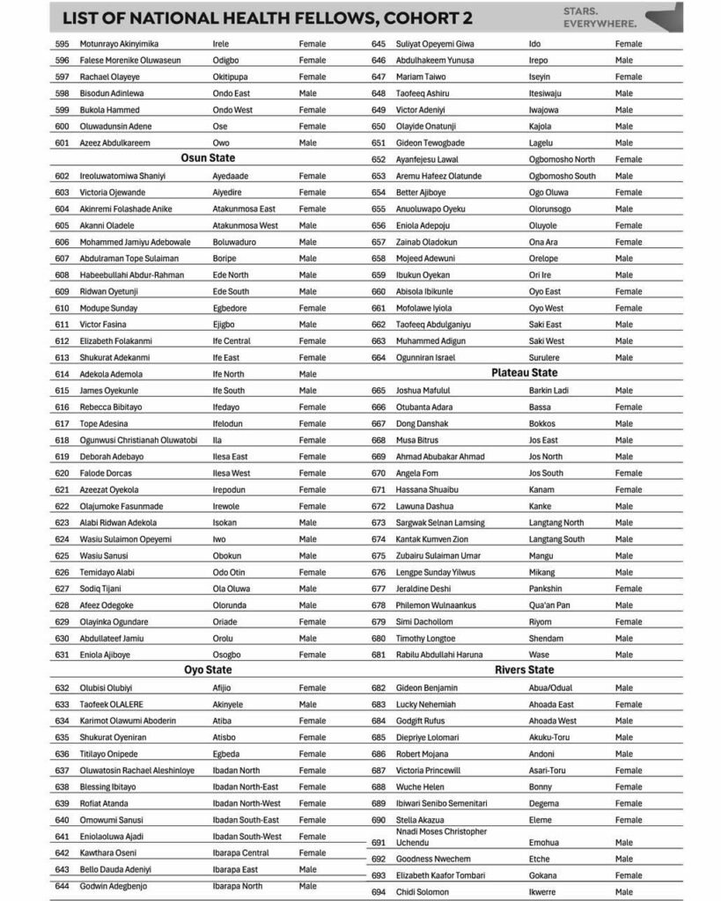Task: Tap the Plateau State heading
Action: pos(524,373)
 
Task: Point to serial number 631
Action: pos(62,655)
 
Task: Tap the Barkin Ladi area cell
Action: pos(548,390)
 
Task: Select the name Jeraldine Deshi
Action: pos(423,589)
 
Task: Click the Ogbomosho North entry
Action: pos(562,159)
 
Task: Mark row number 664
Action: pos(379,357)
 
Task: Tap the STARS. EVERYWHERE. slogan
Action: pos(599,17)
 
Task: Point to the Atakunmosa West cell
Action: pos(245,224)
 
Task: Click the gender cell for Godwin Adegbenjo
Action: pos(307,886)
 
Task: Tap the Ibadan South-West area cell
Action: pos(247,836)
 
